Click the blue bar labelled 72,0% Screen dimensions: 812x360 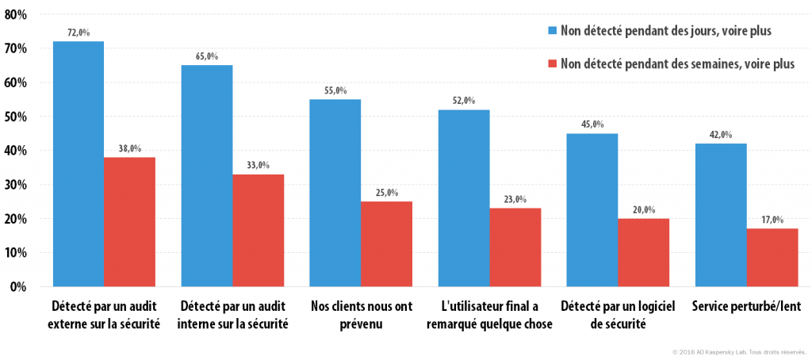[79, 163]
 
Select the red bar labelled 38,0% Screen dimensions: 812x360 [129, 222]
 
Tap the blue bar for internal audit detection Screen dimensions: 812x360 [207, 175]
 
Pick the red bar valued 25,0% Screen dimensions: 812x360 [386, 244]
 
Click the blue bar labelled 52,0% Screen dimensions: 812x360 [463, 198]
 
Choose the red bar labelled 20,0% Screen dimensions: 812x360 [643, 252]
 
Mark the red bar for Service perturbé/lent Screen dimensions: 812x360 [772, 258]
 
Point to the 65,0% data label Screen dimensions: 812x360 [207, 56]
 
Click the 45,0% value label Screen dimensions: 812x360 [592, 124]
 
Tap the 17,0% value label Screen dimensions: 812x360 [772, 220]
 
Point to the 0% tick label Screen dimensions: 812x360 [17, 287]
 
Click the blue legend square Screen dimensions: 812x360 [552, 31]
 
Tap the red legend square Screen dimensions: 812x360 [552, 63]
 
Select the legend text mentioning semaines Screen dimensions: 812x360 [677, 64]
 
